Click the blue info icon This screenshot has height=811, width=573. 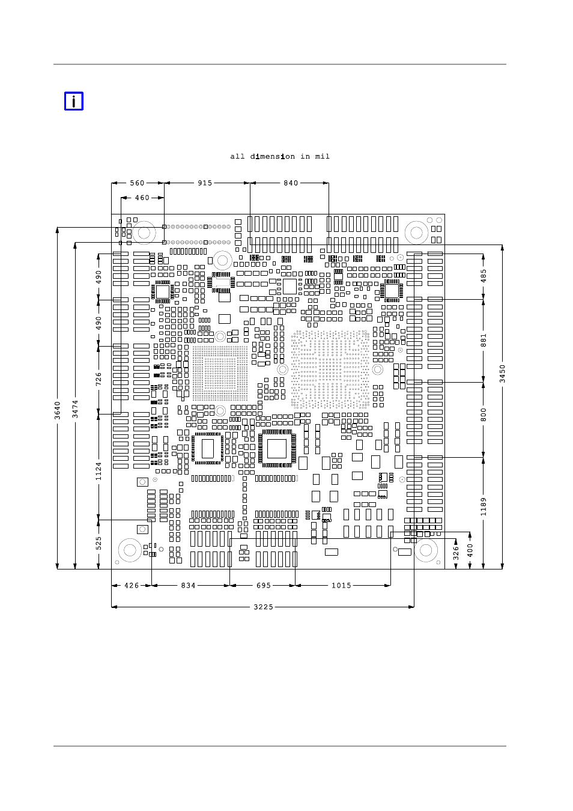tap(74, 101)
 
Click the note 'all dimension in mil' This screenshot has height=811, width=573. tap(280, 156)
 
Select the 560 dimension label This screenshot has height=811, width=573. tap(137, 183)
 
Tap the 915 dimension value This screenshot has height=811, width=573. tap(205, 183)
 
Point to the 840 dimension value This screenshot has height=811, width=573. tap(291, 183)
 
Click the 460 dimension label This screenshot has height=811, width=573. tap(142, 198)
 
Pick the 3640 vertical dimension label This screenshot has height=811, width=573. tap(58, 410)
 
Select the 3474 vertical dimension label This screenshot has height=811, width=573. tap(75, 409)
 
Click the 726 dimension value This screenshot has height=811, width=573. tap(99, 379)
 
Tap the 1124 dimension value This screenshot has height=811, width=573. tap(99, 472)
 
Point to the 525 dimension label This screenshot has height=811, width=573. tap(99, 544)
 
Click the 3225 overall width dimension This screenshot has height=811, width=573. tap(263, 607)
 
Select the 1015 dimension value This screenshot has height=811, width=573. tap(341, 586)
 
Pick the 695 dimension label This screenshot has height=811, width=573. tap(264, 586)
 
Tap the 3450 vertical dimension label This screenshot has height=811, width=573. tap(502, 374)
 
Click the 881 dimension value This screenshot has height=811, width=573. tap(484, 341)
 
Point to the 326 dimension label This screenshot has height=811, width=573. tap(456, 553)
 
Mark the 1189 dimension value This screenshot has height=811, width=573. tap(484, 506)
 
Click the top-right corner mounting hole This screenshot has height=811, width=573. tap(416, 232)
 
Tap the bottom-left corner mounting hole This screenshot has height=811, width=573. tap(130, 550)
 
